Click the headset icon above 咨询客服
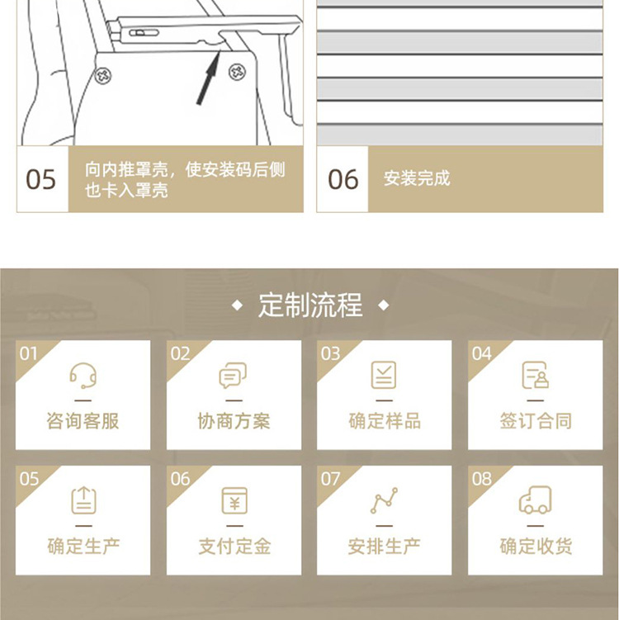83,376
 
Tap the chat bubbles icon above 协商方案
234,376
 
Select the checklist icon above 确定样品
384,376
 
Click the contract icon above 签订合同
535,376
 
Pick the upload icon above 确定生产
83,500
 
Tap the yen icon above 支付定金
234,500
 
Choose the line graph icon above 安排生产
384,500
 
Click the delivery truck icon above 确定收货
535,500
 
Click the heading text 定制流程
309,305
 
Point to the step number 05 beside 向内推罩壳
41,179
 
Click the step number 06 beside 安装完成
343,179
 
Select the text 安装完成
417,179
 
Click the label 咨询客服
83,421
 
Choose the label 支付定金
234,546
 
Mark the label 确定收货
535,546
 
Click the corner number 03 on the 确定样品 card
330,354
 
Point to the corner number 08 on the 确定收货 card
481,479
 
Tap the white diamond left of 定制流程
238,306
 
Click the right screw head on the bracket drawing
239,72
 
